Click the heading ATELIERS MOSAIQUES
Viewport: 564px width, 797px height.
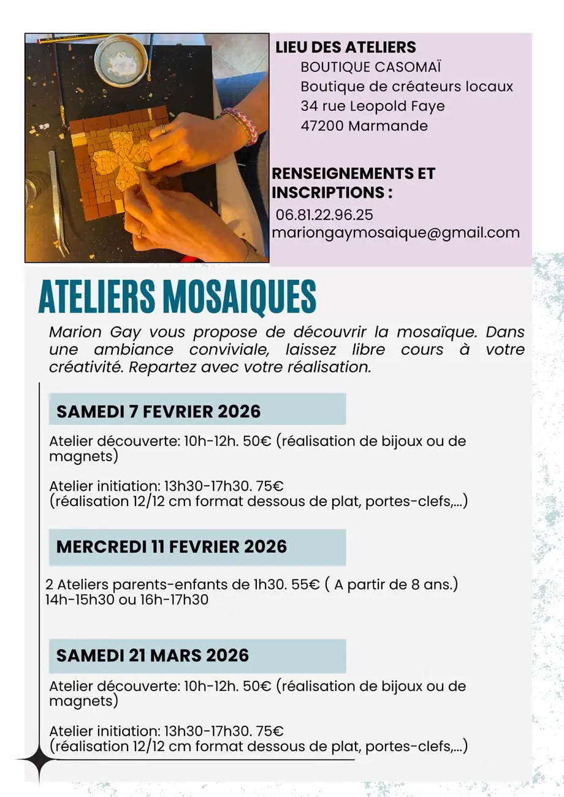click(x=177, y=298)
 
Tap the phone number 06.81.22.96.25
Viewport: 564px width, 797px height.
click(x=325, y=215)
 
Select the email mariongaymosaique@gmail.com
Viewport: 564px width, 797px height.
click(x=395, y=233)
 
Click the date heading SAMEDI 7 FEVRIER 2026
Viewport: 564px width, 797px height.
click(x=158, y=411)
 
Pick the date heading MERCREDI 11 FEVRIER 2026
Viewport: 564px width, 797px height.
click(x=172, y=546)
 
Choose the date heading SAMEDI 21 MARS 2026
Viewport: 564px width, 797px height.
click(x=153, y=655)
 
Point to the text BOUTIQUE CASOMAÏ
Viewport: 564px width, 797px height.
click(x=371, y=67)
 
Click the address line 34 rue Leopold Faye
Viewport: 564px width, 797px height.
click(x=373, y=106)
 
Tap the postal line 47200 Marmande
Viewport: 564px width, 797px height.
click(x=364, y=126)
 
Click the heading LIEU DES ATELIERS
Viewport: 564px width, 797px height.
click(x=346, y=47)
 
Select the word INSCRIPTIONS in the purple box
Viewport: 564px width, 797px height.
click(x=328, y=192)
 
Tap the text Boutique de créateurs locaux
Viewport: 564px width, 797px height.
click(x=406, y=86)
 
